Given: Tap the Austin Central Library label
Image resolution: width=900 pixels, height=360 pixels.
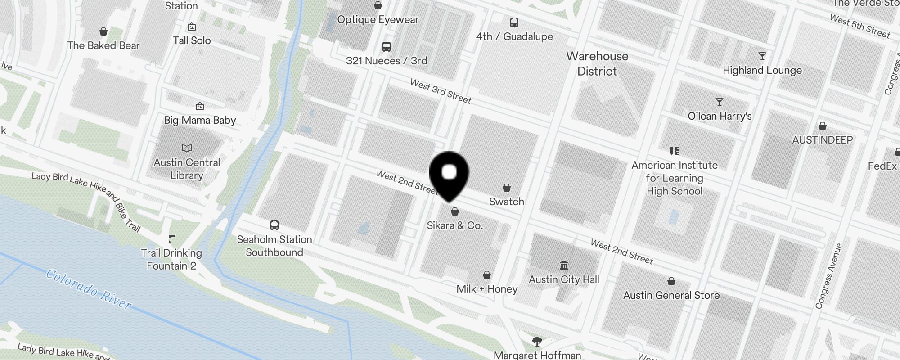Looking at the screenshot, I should coord(187,169).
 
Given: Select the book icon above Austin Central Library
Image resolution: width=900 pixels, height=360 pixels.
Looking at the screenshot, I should coord(187,148).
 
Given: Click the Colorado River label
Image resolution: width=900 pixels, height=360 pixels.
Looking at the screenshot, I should coord(89,289).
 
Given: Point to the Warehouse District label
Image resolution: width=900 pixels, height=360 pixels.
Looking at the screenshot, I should coord(597,63).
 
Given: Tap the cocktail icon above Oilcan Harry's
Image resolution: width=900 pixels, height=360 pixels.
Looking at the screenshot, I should coord(720,102).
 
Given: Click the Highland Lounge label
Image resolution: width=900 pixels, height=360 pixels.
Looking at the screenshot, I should coord(762,70).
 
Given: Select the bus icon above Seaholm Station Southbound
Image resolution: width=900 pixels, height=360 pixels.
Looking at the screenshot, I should coord(274,225).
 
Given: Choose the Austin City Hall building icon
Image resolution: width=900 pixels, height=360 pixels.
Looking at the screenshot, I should coord(564,265).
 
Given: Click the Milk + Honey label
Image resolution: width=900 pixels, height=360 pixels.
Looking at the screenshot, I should coord(487,289).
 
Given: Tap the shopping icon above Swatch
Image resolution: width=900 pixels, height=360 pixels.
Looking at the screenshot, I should coord(507,188).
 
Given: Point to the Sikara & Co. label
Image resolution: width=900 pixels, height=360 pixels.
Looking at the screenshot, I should coord(454,225).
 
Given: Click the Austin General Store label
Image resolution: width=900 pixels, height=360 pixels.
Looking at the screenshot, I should coord(671,295).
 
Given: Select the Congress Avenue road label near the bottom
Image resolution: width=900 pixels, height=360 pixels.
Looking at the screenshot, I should coord(828,276).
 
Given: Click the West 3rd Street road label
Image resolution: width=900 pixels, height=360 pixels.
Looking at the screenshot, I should coord(441,91).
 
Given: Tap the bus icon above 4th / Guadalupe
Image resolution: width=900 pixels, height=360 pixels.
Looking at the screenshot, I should coord(514,22).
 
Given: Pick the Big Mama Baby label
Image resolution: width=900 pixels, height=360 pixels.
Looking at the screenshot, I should coord(200,120).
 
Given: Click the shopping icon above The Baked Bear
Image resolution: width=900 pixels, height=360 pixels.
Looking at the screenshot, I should coord(103,31).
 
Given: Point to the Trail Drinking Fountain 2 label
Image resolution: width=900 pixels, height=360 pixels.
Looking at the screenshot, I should coord(171,259).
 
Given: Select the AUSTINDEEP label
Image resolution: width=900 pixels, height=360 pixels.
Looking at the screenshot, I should coord(822,140).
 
